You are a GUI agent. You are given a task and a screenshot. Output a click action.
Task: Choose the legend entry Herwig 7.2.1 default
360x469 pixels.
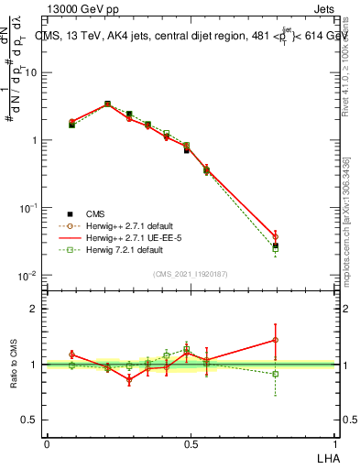(120, 249)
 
